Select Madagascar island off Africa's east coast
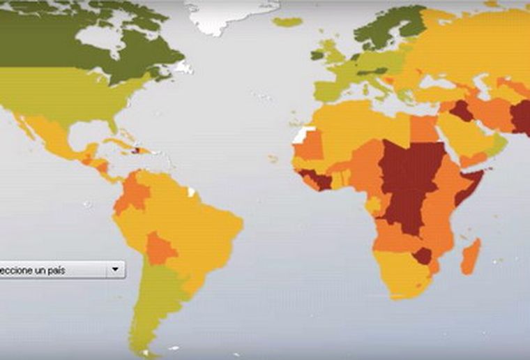tap(471, 255)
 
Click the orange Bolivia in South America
tap(161, 248)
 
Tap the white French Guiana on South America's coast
tap(192, 191)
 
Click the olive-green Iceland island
tap(287, 22)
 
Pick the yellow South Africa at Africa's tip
tap(401, 279)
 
